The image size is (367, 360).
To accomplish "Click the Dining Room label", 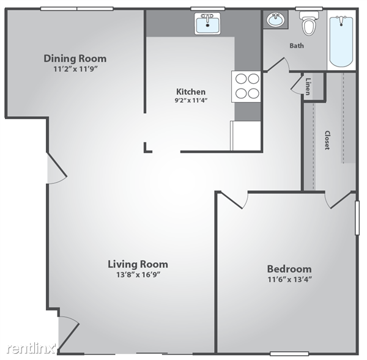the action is [75, 59].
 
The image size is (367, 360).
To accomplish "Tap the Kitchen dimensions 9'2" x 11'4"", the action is [191, 100].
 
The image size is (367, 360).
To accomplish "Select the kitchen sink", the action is [207, 23].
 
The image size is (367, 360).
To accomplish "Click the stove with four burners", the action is [247, 87].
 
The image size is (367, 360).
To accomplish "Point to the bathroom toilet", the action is [309, 23].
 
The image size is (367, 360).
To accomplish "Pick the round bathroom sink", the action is [276, 20].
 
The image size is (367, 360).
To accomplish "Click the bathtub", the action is [341, 40].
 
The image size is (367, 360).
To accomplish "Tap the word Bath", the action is [297, 46].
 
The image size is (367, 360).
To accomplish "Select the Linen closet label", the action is [308, 87].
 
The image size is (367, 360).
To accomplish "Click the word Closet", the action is [327, 140].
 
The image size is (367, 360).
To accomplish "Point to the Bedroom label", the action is [289, 269].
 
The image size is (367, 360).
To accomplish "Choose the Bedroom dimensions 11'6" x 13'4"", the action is [290, 279].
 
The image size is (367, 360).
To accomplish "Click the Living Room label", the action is [138, 264].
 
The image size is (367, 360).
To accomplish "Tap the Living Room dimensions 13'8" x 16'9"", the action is [138, 274].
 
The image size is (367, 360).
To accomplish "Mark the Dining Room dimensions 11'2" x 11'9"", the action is [75, 69].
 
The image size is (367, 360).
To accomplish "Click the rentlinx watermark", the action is [32, 348].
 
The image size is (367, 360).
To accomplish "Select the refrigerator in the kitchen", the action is [245, 136].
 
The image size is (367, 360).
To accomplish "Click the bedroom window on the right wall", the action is [357, 218].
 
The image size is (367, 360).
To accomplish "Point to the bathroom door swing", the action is [278, 64].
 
